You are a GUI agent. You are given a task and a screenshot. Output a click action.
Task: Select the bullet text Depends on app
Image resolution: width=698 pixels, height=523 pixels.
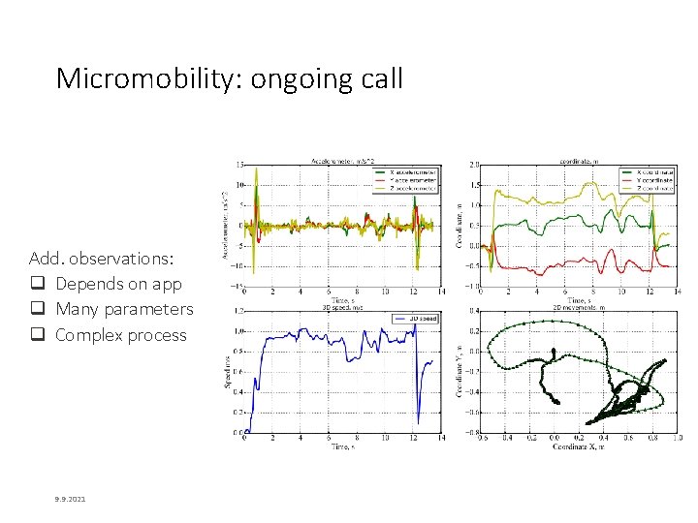pyautogui.click(x=118, y=284)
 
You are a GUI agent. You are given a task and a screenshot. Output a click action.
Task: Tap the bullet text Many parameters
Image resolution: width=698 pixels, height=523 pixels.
pyautogui.click(x=124, y=309)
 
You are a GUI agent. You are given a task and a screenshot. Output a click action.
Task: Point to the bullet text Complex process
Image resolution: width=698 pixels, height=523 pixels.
pyautogui.click(x=121, y=335)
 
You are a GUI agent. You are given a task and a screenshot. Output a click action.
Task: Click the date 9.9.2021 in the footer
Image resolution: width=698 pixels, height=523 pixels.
pyautogui.click(x=70, y=499)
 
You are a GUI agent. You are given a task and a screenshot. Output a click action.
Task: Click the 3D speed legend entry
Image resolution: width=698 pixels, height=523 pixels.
pyautogui.click(x=420, y=317)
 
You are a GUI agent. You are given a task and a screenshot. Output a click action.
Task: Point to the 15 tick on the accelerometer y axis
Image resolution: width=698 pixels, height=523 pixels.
pyautogui.click(x=239, y=165)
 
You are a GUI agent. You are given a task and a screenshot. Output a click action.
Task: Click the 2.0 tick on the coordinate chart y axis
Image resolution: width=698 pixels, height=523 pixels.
pyautogui.click(x=473, y=165)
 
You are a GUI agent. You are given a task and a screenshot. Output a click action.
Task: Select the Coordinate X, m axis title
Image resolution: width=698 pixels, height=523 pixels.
pyautogui.click(x=578, y=446)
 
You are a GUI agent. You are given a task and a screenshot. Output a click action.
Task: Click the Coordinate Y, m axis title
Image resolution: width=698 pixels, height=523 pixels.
pyautogui.click(x=460, y=372)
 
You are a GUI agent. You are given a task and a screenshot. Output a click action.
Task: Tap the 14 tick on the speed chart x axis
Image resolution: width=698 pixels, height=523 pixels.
pyautogui.click(x=441, y=439)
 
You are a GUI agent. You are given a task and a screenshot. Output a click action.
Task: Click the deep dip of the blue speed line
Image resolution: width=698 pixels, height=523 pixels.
pyautogui.click(x=418, y=422)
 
